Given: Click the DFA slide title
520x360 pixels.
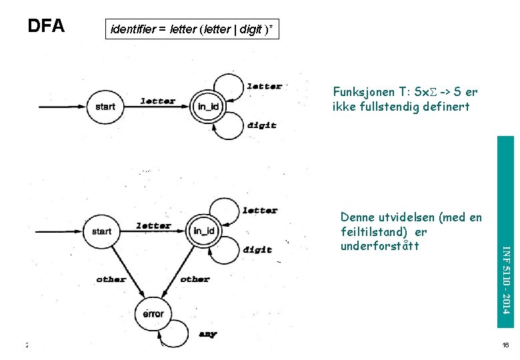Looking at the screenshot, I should pyautogui.click(x=46, y=26).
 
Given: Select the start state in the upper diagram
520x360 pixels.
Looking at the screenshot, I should pyautogui.click(x=105, y=106).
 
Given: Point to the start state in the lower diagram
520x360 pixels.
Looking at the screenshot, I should pyautogui.click(x=101, y=231).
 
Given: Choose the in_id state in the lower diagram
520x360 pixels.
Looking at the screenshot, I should pyautogui.click(x=203, y=231).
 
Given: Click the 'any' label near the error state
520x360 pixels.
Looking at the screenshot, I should pyautogui.click(x=207, y=333).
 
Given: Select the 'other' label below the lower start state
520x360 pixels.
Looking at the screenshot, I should pyautogui.click(x=111, y=279).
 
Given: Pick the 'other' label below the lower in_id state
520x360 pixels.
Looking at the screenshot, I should pyautogui.click(x=195, y=279).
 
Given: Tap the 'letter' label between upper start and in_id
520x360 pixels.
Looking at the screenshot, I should pyautogui.click(x=158, y=101).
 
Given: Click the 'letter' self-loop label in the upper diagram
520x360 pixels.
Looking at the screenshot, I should pyautogui.click(x=264, y=86).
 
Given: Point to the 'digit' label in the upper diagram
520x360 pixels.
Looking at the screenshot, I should pyautogui.click(x=261, y=125).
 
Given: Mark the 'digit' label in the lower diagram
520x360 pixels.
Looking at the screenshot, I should pyautogui.click(x=257, y=249).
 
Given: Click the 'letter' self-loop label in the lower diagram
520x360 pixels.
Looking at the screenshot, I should pyautogui.click(x=260, y=210).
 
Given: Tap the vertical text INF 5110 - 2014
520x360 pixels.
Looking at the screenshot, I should pyautogui.click(x=507, y=279).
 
